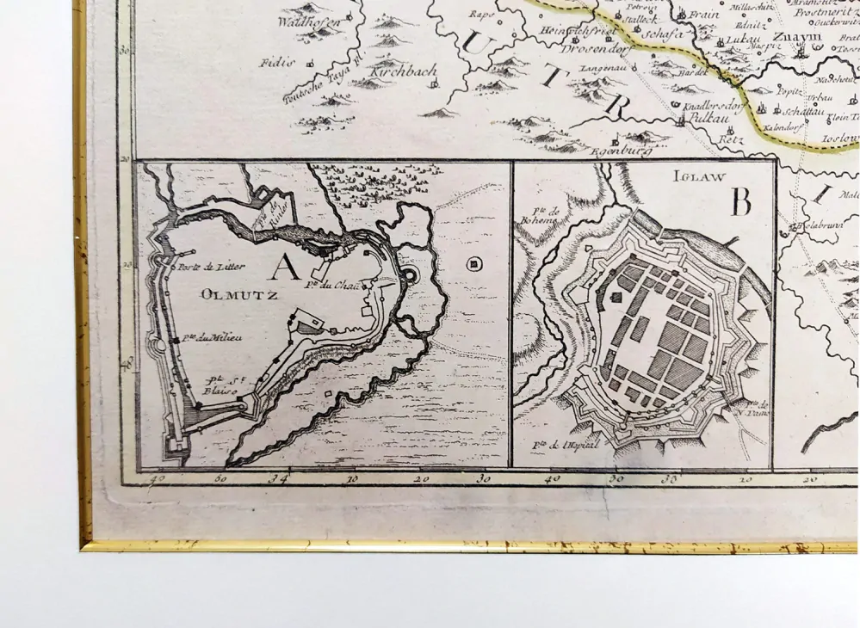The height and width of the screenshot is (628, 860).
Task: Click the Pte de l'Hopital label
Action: click(553, 445)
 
